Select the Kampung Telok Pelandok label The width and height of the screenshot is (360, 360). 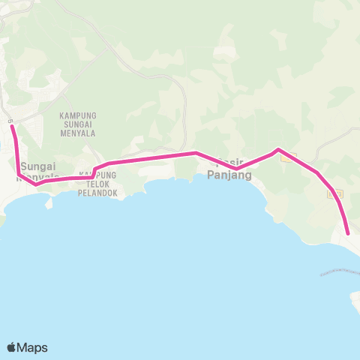[93, 183]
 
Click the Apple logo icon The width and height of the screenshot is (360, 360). [12, 347]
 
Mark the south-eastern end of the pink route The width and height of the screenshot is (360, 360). [348, 234]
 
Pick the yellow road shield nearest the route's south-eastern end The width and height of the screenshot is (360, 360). [334, 193]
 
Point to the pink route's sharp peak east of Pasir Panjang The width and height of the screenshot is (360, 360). [278, 150]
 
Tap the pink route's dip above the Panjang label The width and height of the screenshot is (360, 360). [235, 159]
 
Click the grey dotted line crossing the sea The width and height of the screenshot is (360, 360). [337, 271]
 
